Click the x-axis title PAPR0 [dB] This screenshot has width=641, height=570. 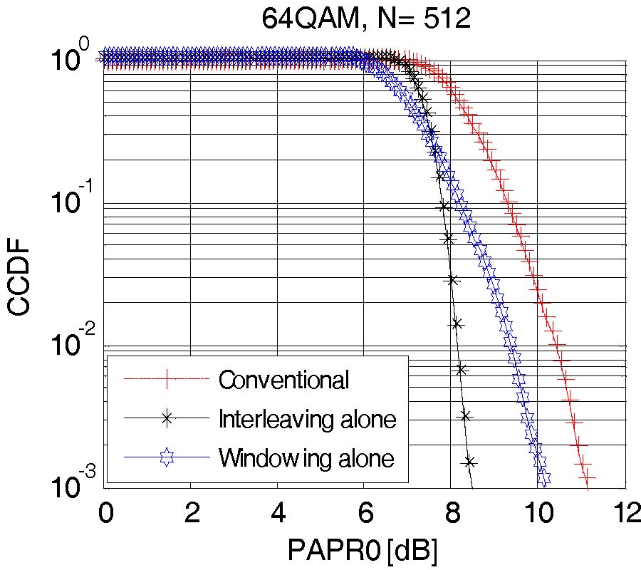point(362,551)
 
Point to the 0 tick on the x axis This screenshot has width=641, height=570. point(105,513)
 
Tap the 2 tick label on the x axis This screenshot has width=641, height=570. point(190,513)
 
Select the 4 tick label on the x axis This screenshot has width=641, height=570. point(277,513)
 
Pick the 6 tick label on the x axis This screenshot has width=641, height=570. point(364,513)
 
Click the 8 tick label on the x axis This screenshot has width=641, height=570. point(451,513)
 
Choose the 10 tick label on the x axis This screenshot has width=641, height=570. point(538,513)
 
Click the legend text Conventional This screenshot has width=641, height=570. point(283,380)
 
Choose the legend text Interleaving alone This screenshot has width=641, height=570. point(306,419)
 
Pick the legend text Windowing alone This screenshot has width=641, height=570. point(306,457)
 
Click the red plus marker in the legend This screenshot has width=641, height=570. point(167,380)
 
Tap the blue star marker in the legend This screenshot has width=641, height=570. point(167,457)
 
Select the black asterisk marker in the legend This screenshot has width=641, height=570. point(167,419)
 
